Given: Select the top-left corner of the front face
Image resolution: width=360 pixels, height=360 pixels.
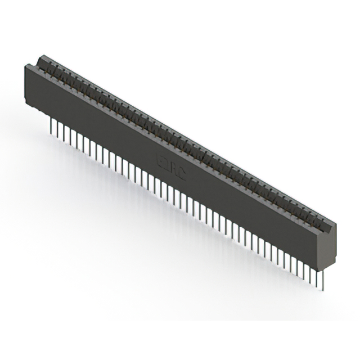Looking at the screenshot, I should click(x=26, y=65).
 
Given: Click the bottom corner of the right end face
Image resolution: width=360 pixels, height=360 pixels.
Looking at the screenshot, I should click(x=322, y=269).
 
